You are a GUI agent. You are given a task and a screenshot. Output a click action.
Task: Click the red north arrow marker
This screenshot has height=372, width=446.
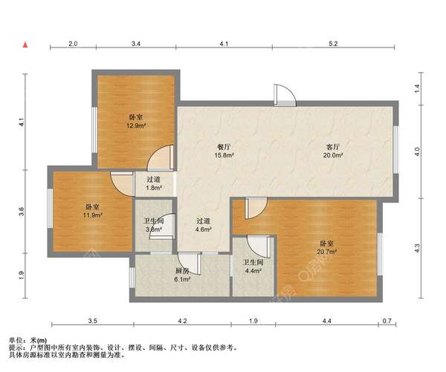click(25, 45)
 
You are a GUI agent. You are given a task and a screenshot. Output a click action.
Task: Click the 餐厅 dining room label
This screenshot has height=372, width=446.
click(224, 147)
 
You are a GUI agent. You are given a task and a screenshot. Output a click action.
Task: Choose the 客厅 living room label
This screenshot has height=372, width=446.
click(333, 147)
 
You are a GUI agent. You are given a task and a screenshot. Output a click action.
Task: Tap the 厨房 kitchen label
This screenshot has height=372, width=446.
click(182, 271)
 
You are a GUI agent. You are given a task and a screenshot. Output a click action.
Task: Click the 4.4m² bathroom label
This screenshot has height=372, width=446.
click(253, 271)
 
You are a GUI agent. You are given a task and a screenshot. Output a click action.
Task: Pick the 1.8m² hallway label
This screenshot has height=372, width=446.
click(154, 188)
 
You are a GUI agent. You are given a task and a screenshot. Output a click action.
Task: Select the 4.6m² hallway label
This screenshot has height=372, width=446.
click(204, 229)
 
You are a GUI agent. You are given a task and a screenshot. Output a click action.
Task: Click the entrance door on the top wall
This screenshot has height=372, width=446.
click(285, 96)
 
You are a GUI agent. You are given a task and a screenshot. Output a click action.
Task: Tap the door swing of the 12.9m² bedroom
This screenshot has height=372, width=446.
click(160, 158)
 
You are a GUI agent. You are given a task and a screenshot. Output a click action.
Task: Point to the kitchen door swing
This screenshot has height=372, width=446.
click(190, 264)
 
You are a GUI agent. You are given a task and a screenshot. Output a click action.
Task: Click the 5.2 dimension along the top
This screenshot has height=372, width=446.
click(333, 44)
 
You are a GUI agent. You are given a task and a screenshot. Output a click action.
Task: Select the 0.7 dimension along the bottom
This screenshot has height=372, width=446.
click(387, 321)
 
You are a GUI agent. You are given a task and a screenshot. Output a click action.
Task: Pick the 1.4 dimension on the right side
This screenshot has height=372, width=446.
click(417, 88)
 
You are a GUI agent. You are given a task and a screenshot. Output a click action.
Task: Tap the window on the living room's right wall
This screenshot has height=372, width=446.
click(395, 150)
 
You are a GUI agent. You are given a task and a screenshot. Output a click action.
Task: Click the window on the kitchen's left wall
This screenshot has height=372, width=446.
click(132, 278)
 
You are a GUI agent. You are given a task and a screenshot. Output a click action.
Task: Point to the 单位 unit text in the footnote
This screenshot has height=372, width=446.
click(16, 340)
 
